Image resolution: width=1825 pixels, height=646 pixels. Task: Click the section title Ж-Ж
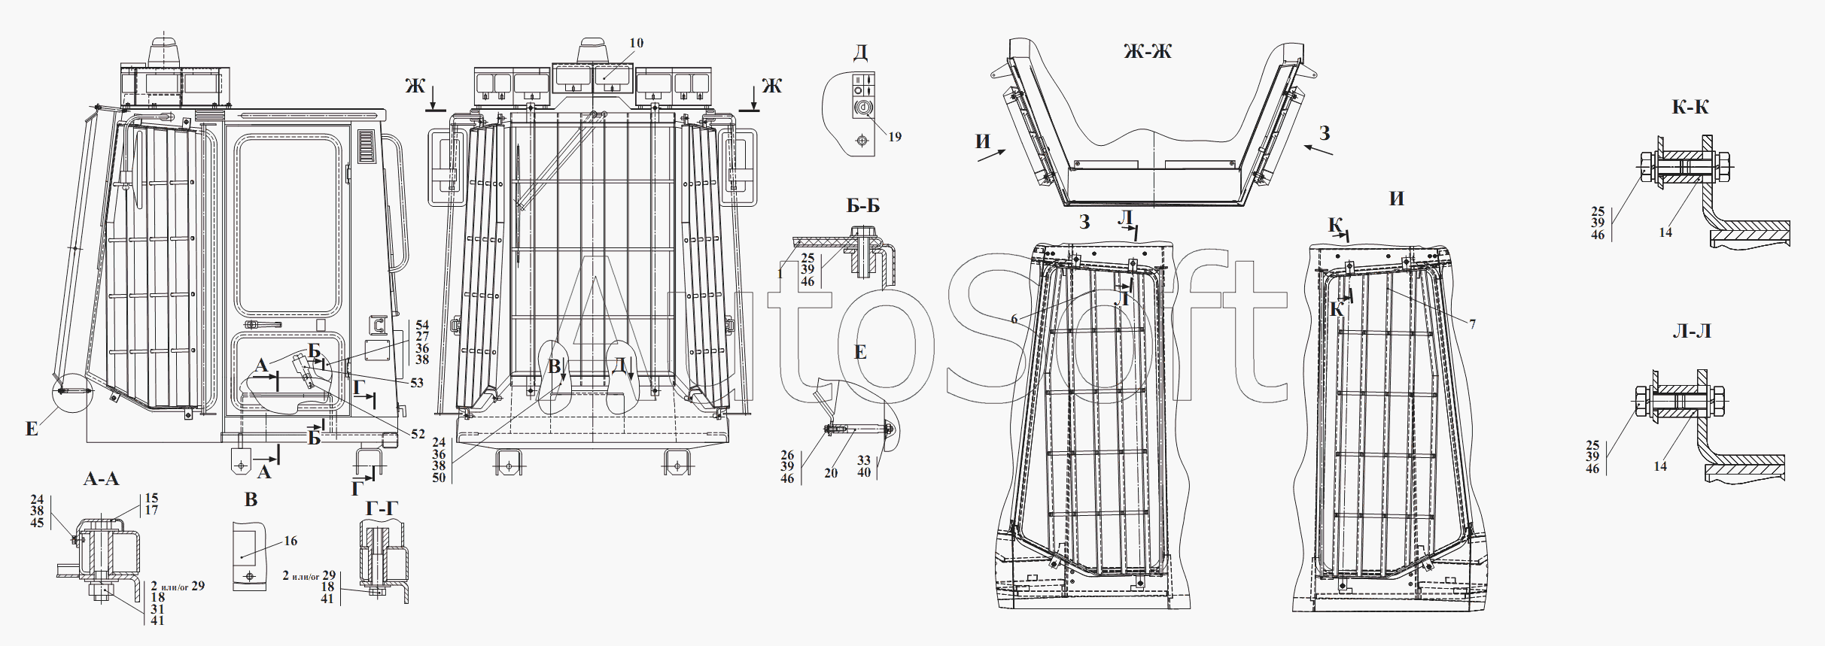pos(1147,52)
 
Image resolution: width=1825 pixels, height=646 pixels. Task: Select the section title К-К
pos(1690,108)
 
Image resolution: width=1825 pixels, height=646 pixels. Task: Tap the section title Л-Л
pos(1692,332)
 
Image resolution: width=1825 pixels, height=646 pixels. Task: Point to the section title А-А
pos(101,479)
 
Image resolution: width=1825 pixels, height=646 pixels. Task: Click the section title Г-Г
pos(382,510)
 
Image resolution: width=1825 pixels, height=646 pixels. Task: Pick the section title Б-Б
pos(863,206)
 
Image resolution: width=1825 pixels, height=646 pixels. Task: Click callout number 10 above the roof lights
pos(637,43)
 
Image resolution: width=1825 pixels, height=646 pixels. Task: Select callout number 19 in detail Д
pos(895,137)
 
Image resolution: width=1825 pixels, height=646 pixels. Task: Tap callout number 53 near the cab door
pos(417,383)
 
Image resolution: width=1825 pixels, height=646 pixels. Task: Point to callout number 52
pos(418,434)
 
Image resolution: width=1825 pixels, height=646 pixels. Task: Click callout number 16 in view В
pos(290,541)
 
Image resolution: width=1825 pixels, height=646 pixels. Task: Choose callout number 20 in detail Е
pos(831,473)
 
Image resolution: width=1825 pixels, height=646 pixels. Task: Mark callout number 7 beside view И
pos(1473,324)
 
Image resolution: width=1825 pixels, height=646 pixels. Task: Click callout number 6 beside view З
pos(1014,319)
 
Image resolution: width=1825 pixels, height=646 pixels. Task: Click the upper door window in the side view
pos(287,226)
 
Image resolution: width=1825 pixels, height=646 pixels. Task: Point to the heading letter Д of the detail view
pos(860,53)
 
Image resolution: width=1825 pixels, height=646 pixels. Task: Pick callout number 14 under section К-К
pos(1665,233)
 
